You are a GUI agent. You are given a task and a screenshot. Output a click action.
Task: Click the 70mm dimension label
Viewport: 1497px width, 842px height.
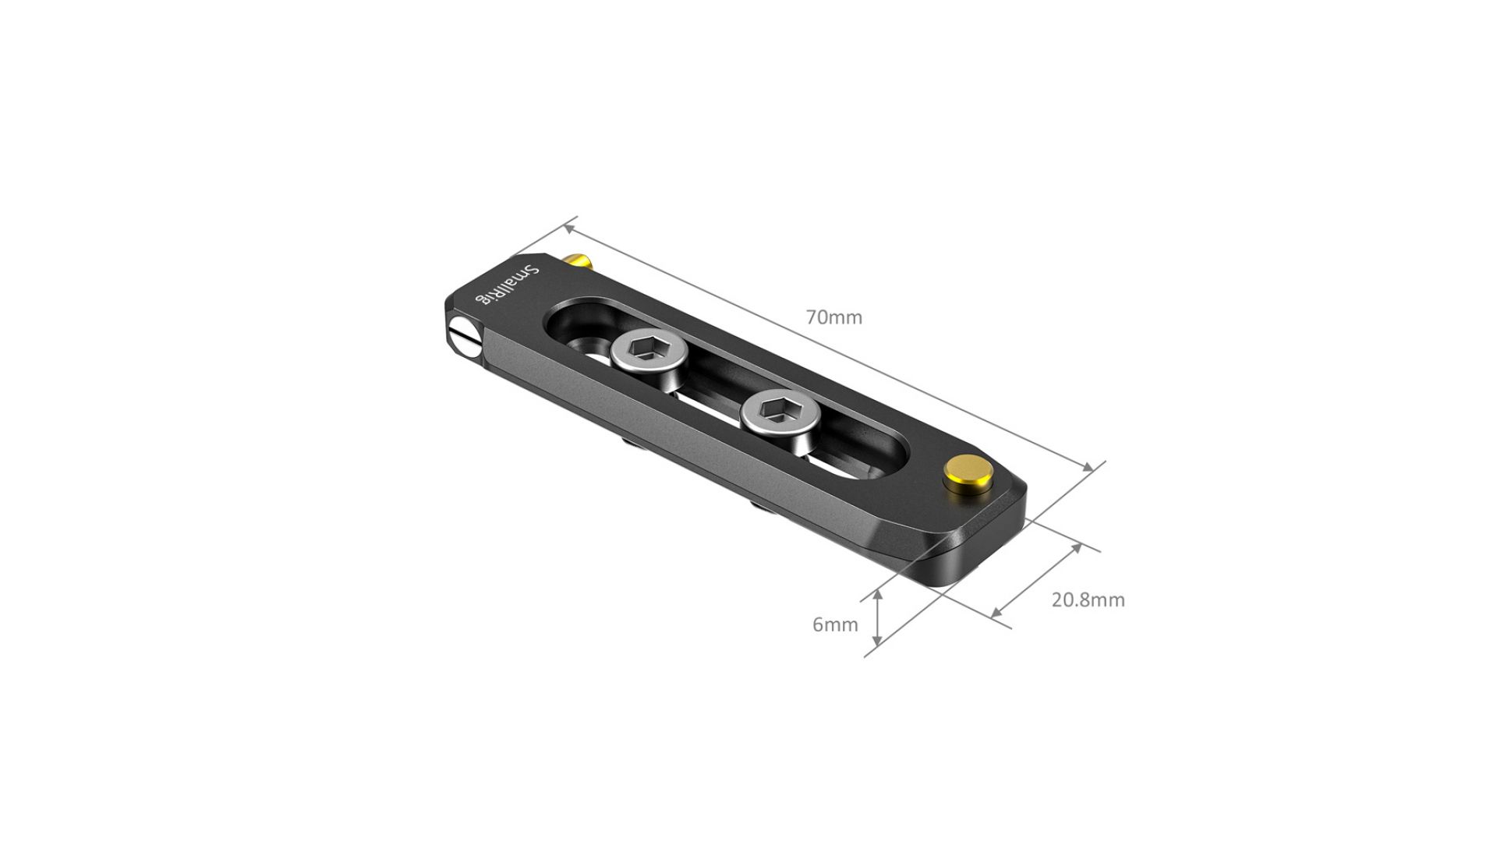pos(833,317)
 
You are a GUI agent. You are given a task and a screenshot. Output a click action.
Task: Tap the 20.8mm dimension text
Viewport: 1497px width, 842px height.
pos(1088,600)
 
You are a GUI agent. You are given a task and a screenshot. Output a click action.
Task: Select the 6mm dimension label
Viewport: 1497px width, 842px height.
pos(835,624)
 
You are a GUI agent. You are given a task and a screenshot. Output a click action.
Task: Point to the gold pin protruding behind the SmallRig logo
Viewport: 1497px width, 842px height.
pos(578,262)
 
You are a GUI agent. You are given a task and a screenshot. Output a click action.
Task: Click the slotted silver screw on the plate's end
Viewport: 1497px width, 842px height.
pos(465,336)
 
